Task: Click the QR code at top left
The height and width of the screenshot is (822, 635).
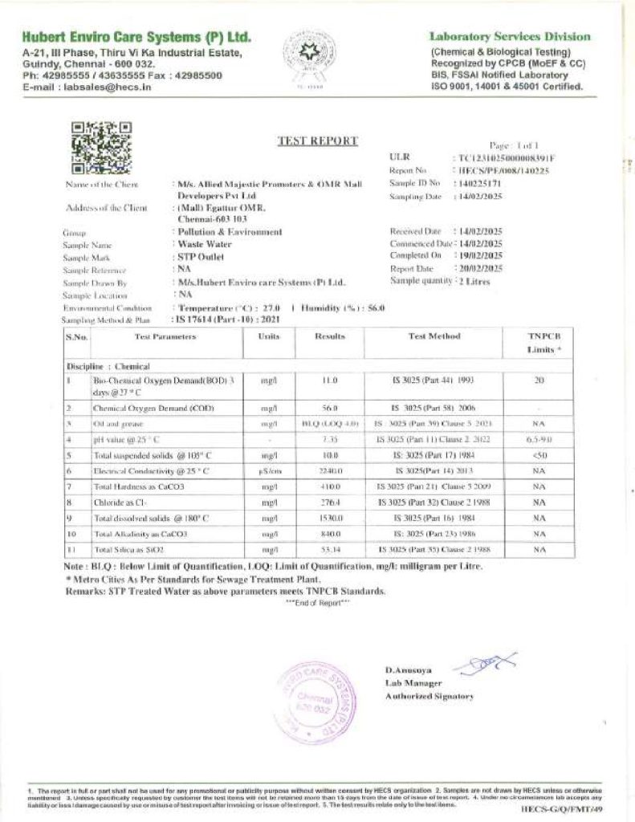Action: [101, 148]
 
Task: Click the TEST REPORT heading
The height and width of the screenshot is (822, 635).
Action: [317, 141]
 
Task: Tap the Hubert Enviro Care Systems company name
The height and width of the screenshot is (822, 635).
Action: [136, 38]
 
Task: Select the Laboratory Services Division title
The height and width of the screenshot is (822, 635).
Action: [510, 37]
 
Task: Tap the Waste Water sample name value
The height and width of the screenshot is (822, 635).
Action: [204, 245]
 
